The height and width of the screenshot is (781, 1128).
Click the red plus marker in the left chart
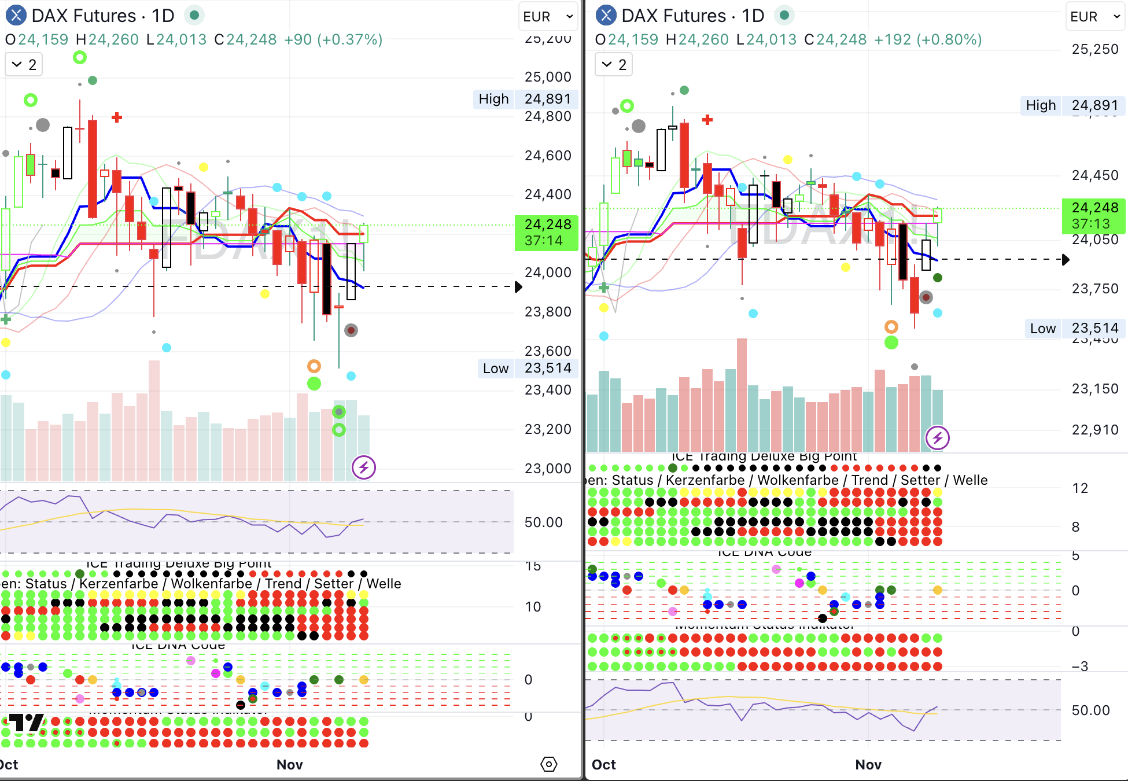117,117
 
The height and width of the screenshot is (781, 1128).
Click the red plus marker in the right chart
707,120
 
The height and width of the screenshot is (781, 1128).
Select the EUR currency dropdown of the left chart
547,17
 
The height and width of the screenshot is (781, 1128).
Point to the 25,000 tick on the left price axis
547,77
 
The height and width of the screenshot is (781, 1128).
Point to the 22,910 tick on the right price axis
1094,430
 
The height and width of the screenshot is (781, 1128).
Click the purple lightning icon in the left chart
364,467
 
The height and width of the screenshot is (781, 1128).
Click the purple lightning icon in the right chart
937,438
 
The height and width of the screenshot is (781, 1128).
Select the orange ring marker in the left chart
314,366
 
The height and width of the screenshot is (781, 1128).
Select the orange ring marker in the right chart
891,327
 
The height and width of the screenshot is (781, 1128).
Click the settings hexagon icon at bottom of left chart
548,764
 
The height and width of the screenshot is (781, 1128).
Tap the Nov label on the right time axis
868,765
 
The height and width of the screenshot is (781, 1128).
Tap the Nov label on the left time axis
289,765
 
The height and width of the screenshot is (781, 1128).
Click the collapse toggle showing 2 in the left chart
24,65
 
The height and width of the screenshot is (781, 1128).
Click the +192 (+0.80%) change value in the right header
927,40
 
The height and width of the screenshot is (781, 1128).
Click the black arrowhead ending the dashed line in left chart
518,287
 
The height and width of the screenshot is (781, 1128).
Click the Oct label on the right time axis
603,765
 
